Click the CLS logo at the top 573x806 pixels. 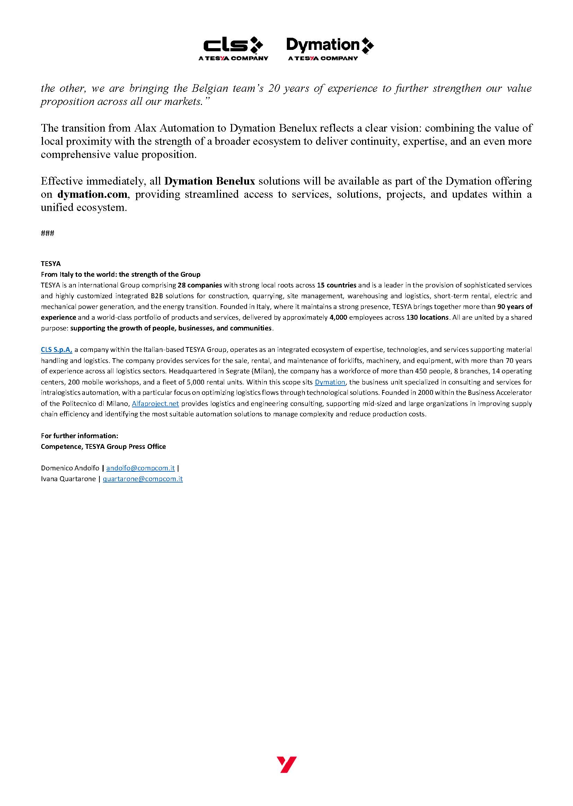click(x=233, y=48)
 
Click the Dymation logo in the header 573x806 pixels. click(x=329, y=48)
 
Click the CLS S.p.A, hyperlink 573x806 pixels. click(x=56, y=349)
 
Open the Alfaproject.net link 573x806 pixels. click(x=155, y=404)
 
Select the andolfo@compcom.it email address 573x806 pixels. click(x=140, y=468)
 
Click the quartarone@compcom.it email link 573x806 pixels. click(x=142, y=479)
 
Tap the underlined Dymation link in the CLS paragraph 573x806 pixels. click(x=329, y=382)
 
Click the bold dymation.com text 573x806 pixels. click(x=92, y=194)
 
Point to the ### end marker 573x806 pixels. click(x=47, y=233)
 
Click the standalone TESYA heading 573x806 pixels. click(x=51, y=264)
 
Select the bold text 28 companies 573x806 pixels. click(x=200, y=285)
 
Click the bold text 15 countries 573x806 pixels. click(x=337, y=285)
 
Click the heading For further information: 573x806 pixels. click(x=79, y=436)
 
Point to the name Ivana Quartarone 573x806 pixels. click(x=68, y=479)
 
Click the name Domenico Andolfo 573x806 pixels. click(x=70, y=468)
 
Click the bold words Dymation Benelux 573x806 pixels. click(x=210, y=181)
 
